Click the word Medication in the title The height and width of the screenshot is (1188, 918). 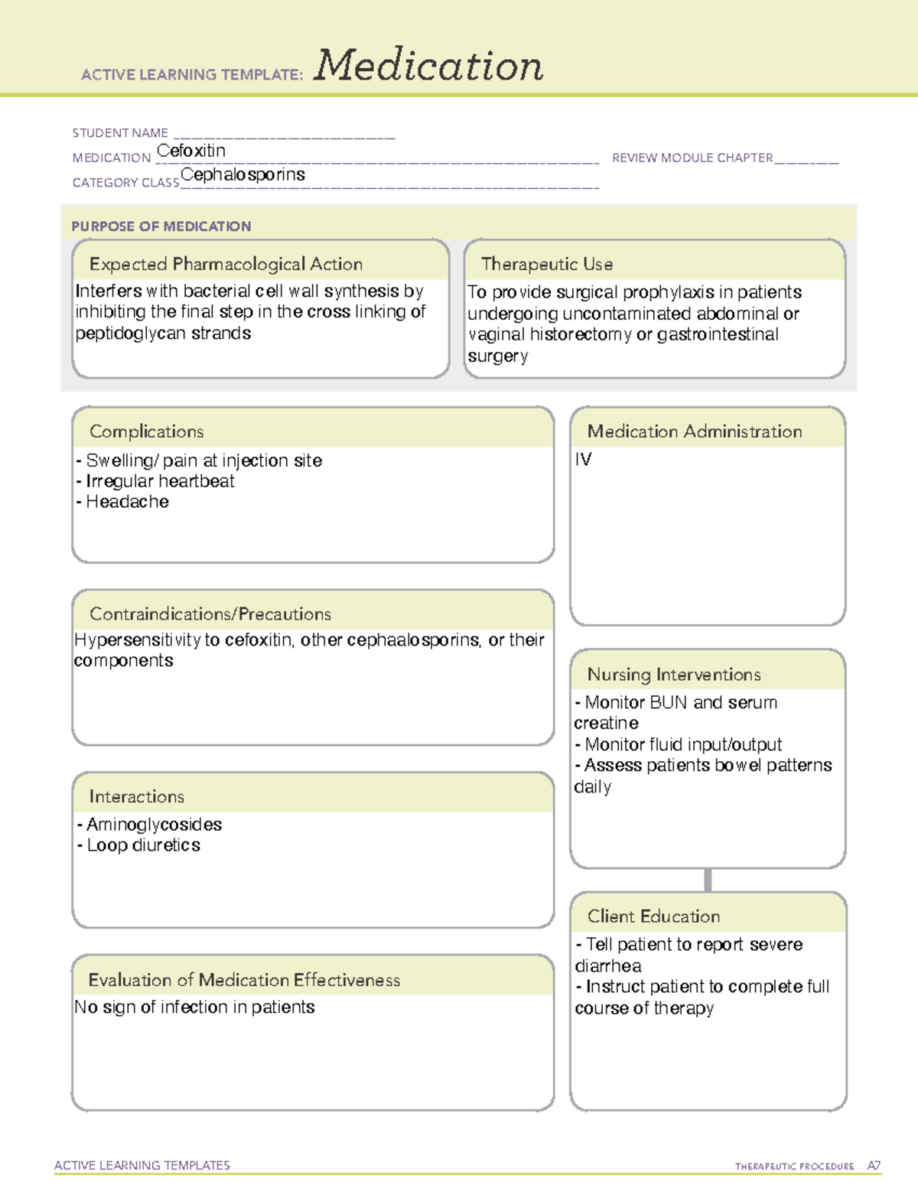click(x=428, y=66)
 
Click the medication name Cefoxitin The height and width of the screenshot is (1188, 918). click(x=191, y=151)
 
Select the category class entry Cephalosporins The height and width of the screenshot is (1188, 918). click(x=243, y=175)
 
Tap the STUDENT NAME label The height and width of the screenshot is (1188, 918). click(x=120, y=133)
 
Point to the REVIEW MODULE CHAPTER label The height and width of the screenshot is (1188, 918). click(x=692, y=158)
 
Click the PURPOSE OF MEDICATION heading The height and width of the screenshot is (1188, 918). click(x=161, y=226)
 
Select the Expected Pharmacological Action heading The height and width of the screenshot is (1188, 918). click(x=226, y=264)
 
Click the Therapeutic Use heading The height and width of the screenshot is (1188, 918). click(x=547, y=264)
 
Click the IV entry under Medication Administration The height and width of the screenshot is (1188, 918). click(x=583, y=460)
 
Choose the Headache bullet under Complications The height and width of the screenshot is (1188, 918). click(x=126, y=502)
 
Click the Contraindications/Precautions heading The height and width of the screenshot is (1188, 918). click(x=210, y=614)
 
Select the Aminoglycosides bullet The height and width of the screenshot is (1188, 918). click(x=153, y=825)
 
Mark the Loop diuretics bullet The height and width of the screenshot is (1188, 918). click(x=143, y=845)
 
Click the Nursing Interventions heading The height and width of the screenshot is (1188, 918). click(x=674, y=675)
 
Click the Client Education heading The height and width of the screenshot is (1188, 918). click(x=653, y=916)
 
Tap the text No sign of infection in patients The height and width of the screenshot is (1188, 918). click(x=194, y=1007)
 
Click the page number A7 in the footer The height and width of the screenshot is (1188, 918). click(x=874, y=1166)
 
